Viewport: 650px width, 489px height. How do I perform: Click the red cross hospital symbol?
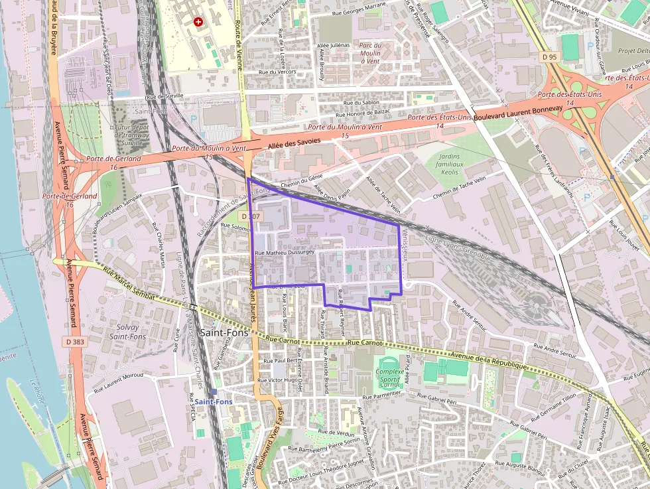pyautogui.click(x=198, y=22)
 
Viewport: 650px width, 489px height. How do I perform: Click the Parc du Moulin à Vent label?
pyautogui.click(x=370, y=53)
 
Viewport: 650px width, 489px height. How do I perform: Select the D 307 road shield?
pyautogui.click(x=251, y=217)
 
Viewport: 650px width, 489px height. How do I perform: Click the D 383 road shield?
pyautogui.click(x=76, y=341)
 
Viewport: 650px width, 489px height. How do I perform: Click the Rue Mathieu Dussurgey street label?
pyautogui.click(x=285, y=253)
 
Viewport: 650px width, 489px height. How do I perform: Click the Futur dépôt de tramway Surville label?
pyautogui.click(x=132, y=135)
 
